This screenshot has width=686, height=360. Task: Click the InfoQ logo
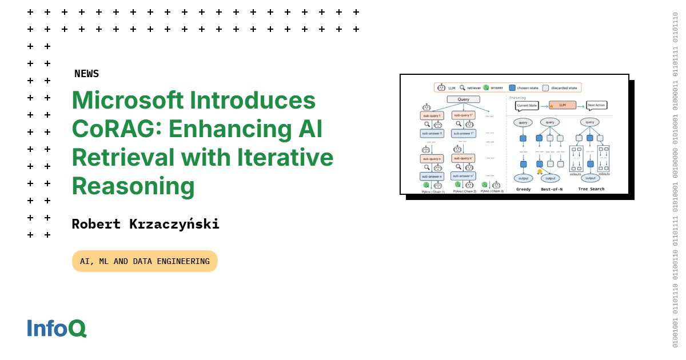pos(57,328)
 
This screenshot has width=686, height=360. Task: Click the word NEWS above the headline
pos(86,74)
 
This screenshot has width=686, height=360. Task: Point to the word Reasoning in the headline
pos(133,186)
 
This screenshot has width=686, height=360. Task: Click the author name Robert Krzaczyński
pos(145,224)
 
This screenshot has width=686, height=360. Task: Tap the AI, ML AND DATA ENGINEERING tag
pos(145,261)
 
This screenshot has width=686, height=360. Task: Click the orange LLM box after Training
pos(563,106)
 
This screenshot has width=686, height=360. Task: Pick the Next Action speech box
pos(597,106)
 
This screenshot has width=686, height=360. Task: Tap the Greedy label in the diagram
pos(523,189)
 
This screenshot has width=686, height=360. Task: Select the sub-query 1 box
pos(432,115)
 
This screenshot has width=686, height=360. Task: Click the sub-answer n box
pos(432,177)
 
